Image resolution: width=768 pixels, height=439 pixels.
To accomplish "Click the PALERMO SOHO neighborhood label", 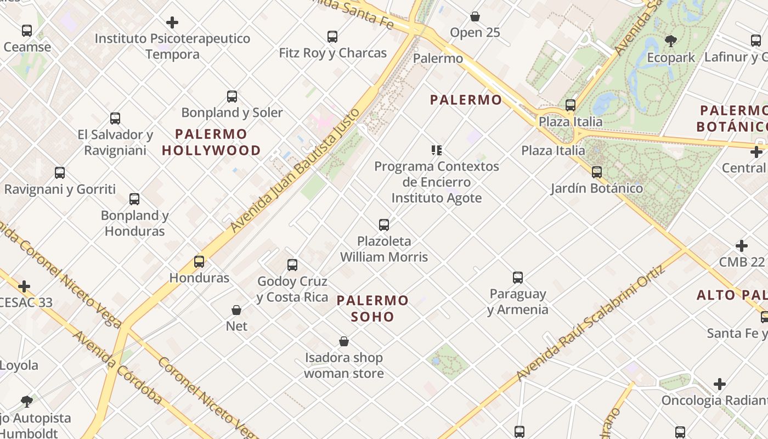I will point(372,308).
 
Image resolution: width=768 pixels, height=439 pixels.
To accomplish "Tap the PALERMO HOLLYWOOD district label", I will point(211,142).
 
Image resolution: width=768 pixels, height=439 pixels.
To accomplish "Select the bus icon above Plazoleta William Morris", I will point(384,224).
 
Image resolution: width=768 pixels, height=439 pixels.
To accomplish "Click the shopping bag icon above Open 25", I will point(475,17).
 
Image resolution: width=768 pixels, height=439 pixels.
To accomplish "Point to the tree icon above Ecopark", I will point(670,41).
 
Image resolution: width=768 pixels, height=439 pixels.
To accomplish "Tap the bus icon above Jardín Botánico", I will point(597,172).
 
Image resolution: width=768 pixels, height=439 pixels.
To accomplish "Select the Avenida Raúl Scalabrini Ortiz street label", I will point(591,324).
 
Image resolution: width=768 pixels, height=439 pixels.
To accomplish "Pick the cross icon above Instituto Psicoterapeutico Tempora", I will point(172,22).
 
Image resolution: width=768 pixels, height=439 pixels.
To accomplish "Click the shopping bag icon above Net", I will point(236,310).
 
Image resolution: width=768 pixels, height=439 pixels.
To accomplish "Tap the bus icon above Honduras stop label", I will point(199,262).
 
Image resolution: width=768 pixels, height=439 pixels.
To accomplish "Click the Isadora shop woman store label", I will point(344,365).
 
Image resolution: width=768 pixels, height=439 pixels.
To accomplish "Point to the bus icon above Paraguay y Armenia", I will point(518,278).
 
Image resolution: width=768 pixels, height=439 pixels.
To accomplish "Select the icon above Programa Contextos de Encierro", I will point(437,150).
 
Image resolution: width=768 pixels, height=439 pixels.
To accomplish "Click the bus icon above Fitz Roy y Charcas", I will point(332,37).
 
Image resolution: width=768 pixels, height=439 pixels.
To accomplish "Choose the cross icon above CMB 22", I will point(742,246).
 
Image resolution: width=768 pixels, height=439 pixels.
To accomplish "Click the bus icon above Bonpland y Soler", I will point(232,97).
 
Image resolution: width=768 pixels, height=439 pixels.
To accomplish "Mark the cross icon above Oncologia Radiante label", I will point(720,384).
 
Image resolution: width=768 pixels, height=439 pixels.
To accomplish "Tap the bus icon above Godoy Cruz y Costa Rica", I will point(292,265).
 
